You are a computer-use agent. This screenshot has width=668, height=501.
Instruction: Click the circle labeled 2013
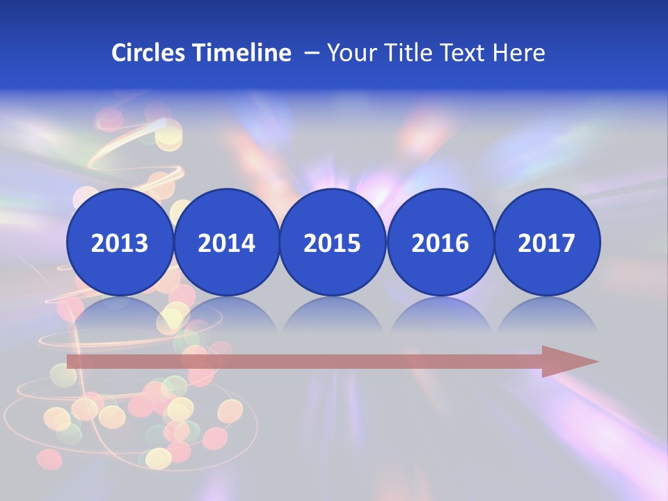click(x=120, y=242)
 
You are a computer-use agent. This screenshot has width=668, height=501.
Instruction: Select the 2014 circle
click(x=227, y=242)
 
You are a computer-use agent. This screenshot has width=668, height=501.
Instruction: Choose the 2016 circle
click(x=440, y=242)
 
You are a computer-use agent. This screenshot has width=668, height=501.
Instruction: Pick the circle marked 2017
click(x=547, y=242)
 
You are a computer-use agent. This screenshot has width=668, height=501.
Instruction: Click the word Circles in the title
click(x=149, y=53)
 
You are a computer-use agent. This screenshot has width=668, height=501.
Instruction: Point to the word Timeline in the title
click(x=243, y=53)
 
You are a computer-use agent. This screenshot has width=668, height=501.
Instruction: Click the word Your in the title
click(x=350, y=53)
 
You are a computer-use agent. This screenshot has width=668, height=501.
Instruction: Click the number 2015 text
click(x=333, y=244)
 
